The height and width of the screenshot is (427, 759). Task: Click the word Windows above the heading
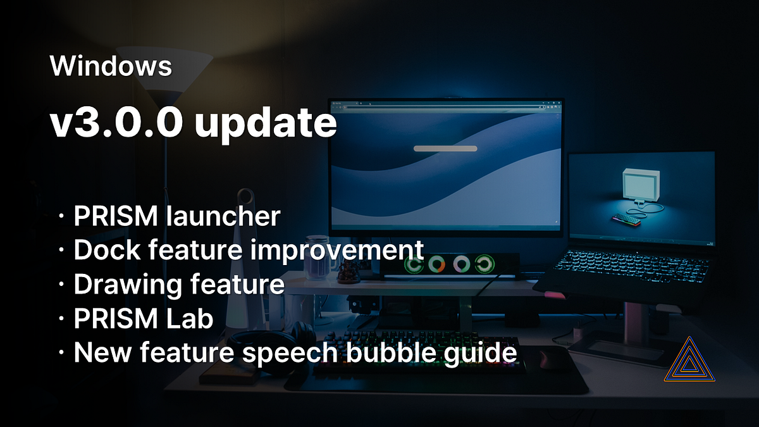[x=111, y=66]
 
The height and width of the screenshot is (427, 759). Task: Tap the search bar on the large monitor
[x=445, y=149]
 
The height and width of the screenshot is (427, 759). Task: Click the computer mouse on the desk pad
[x=545, y=359]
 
